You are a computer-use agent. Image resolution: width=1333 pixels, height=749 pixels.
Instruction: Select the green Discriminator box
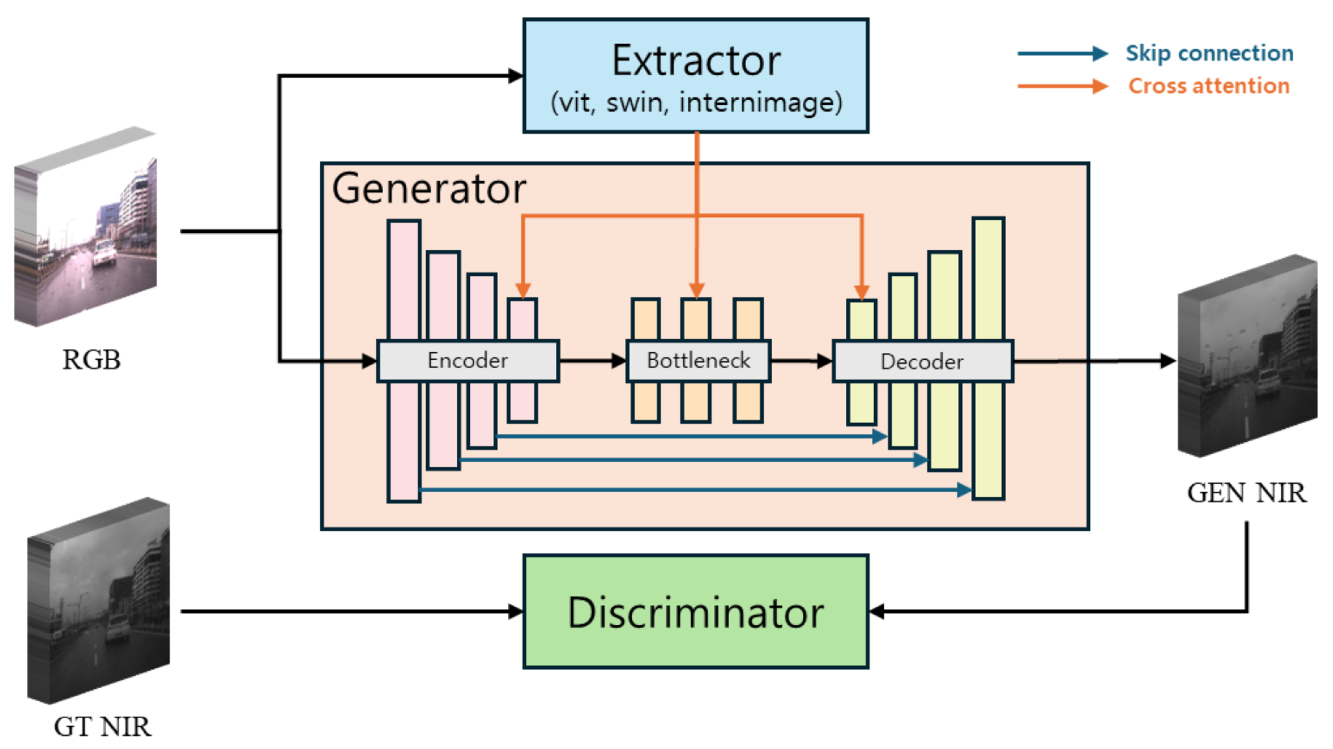point(695,611)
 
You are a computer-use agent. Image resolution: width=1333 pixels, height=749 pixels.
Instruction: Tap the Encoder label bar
point(468,360)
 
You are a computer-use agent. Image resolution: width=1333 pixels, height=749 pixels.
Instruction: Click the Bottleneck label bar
point(698,360)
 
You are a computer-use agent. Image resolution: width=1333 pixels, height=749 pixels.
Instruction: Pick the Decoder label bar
point(922,361)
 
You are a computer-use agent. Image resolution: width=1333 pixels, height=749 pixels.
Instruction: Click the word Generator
point(429,189)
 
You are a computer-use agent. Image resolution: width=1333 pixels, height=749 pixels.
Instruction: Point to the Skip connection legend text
point(1209,53)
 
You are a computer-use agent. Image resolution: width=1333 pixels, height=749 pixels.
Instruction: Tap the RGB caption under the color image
point(91,360)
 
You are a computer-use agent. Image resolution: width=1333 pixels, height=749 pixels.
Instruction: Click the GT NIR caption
point(102,727)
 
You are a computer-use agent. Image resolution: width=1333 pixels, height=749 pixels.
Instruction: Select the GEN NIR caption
point(1246,493)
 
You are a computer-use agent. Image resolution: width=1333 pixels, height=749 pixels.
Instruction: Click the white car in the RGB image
point(104,253)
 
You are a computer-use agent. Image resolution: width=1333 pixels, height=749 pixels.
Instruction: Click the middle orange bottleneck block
point(695,319)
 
